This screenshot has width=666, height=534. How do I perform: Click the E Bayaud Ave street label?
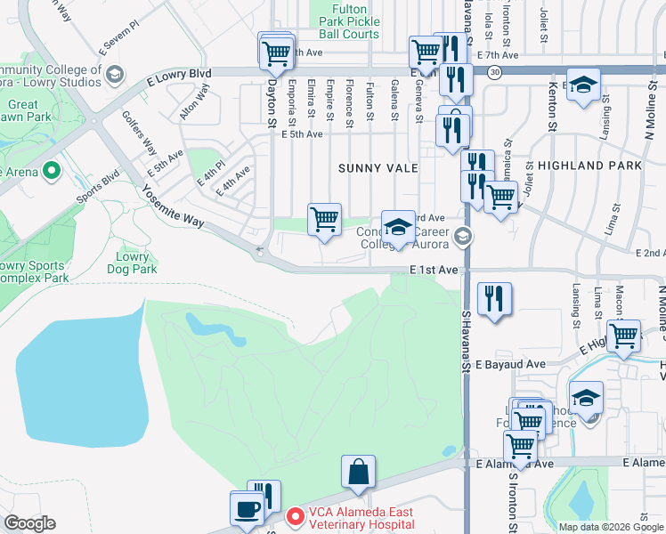(509, 365)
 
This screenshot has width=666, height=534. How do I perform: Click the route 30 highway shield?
(495, 71)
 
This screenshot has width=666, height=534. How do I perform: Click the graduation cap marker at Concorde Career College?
(398, 228)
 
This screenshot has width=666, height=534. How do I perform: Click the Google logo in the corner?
(29, 523)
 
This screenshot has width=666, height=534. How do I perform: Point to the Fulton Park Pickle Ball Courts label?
(343, 23)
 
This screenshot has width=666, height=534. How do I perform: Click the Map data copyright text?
(611, 527)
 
